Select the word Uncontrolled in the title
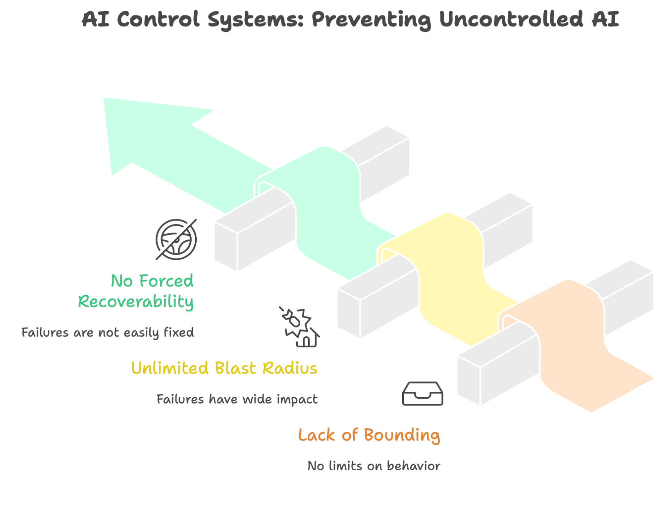511,19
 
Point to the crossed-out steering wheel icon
176,239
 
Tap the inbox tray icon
422,394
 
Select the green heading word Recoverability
135,302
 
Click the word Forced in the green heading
166,281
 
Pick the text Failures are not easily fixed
107,333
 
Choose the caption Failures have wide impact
237,399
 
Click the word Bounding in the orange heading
402,435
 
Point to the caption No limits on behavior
374,466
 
